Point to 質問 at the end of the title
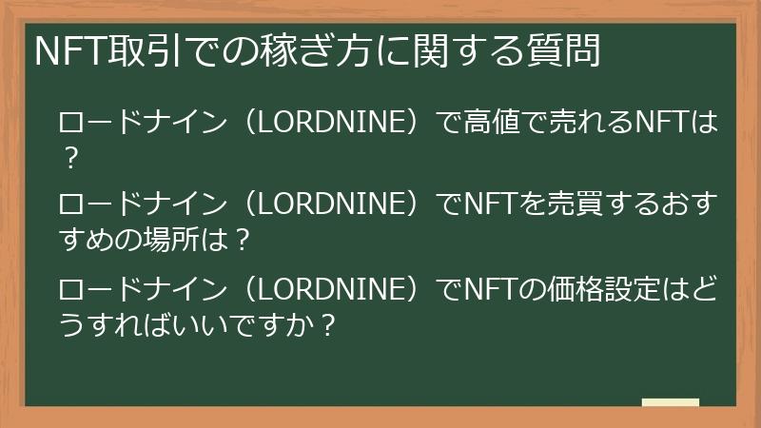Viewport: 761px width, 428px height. point(568,50)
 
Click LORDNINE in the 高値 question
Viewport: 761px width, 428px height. point(330,124)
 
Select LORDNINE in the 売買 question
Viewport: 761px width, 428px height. point(330,205)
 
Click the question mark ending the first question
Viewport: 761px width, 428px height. point(69,156)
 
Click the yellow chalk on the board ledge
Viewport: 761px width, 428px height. point(670,402)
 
